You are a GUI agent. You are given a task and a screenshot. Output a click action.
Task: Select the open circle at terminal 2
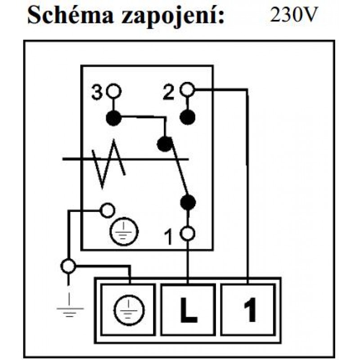pos(187,90)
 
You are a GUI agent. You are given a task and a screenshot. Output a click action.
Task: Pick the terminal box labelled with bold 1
pos(248,309)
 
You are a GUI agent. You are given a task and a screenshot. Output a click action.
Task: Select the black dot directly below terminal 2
pos(187,117)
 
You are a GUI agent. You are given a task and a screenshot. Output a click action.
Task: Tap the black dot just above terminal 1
pos(187,202)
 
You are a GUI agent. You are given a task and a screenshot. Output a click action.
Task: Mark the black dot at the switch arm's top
pos(165,144)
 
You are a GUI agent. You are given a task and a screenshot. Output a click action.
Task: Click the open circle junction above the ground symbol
pos(68,266)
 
